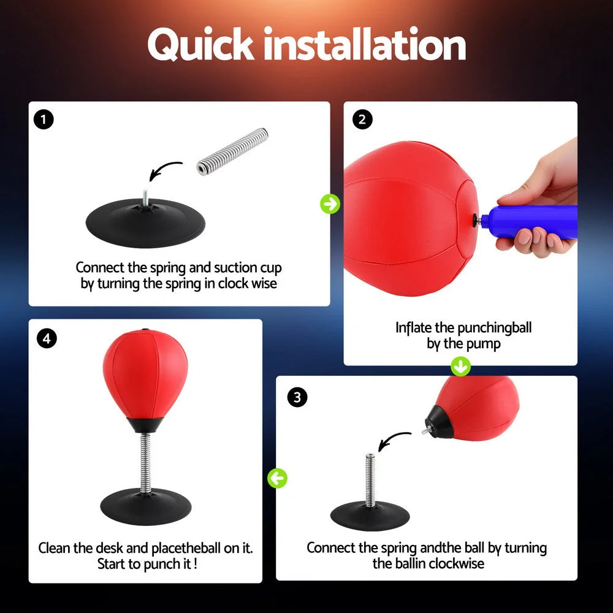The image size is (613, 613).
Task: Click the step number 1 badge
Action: [44, 119]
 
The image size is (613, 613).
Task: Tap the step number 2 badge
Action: [362, 119]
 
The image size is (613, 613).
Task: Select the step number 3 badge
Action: [297, 397]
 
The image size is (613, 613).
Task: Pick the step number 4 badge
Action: [45, 338]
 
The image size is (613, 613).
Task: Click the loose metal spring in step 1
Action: [232, 151]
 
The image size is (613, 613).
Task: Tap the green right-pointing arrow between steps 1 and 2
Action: [330, 204]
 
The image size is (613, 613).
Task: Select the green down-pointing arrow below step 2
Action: [460, 367]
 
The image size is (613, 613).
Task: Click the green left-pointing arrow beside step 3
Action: [278, 478]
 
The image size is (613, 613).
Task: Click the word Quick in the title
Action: [199, 44]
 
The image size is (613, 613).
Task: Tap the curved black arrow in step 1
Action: [164, 172]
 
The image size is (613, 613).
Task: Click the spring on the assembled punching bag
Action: [145, 460]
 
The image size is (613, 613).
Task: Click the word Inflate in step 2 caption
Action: [414, 327]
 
